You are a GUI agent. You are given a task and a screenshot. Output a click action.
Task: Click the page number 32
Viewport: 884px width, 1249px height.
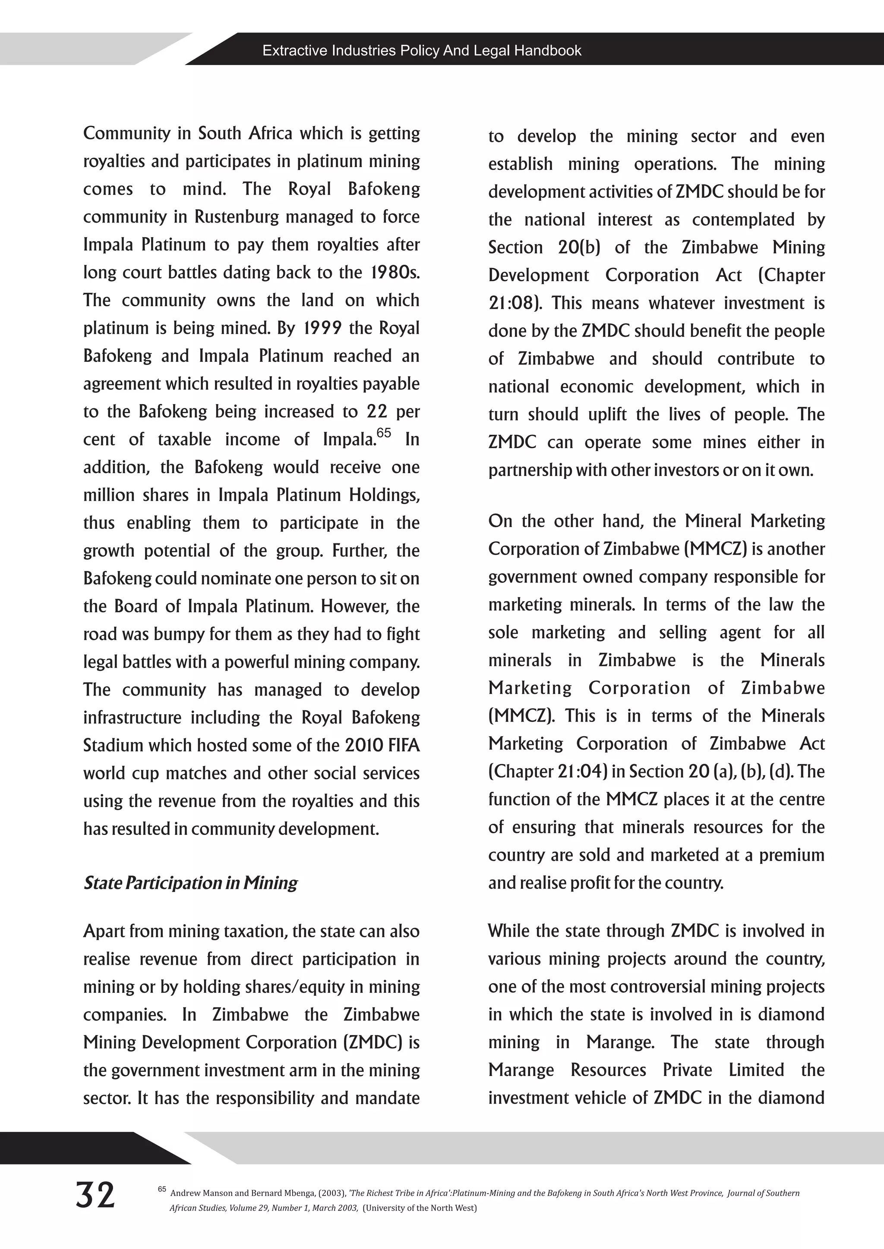95,1195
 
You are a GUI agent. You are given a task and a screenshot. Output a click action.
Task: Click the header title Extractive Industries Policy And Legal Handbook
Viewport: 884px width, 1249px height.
422,50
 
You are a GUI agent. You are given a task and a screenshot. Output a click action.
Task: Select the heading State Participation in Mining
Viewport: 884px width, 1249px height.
190,883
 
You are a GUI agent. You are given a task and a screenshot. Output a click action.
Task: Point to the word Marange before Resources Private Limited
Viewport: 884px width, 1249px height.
521,1070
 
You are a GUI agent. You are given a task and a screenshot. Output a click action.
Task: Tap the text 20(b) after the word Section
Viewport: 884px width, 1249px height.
579,247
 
